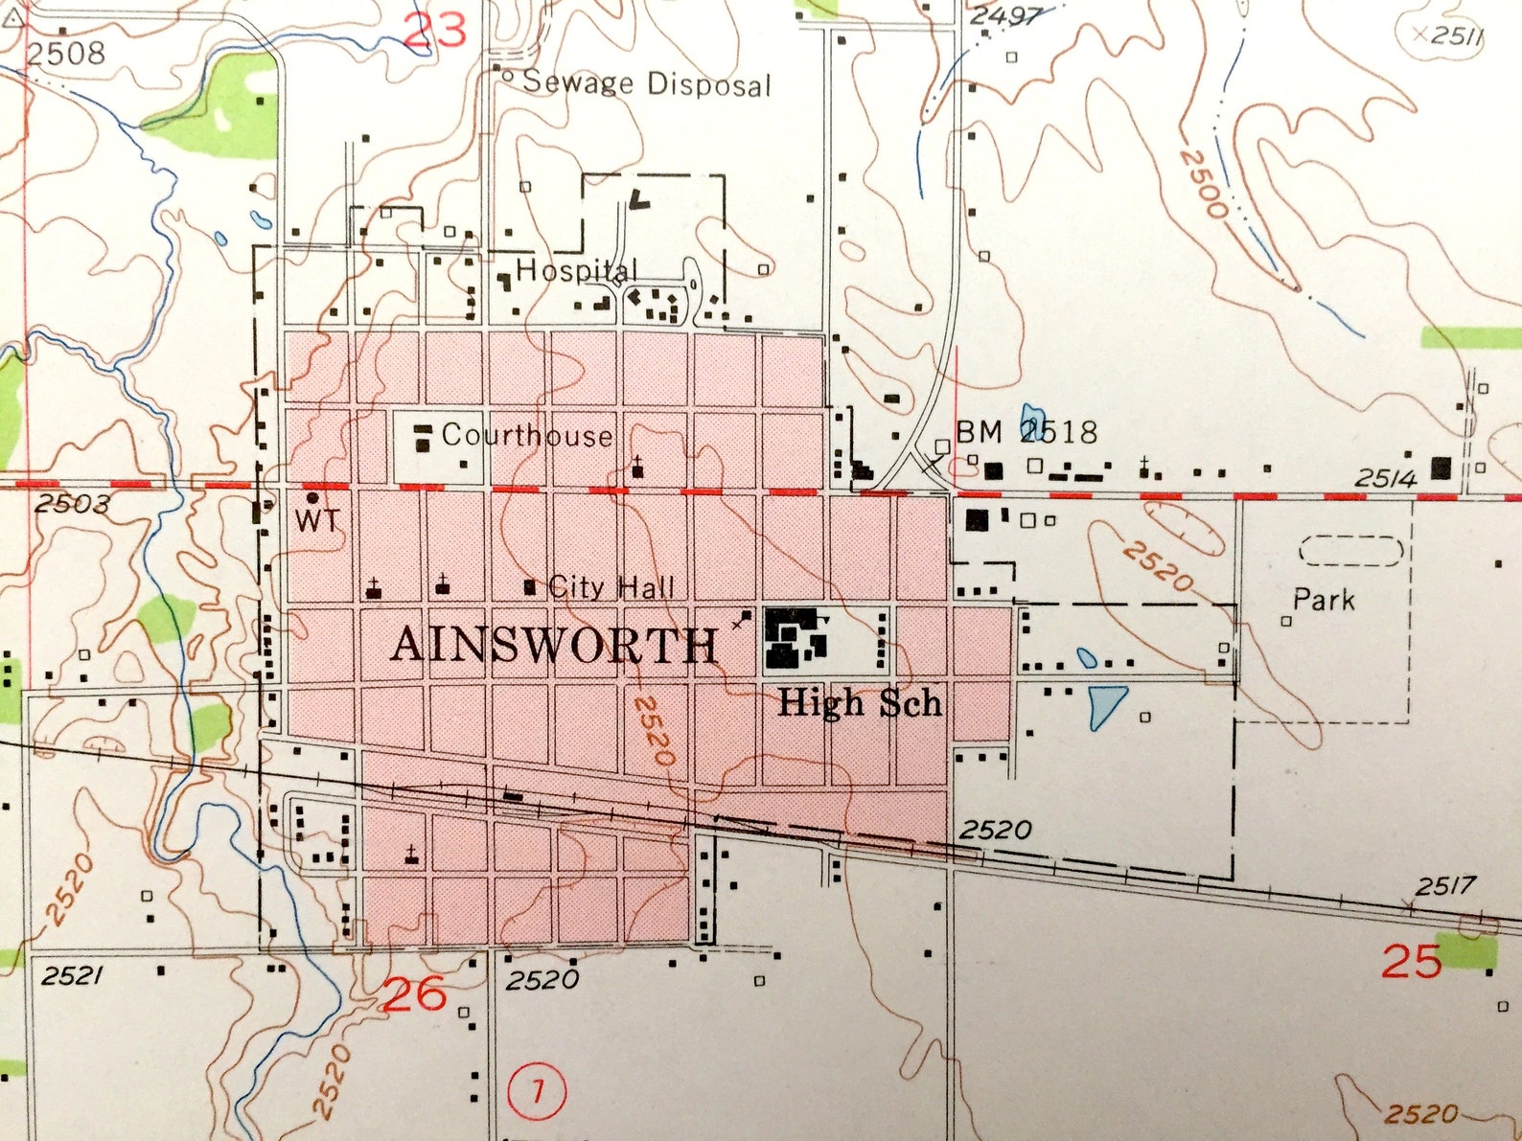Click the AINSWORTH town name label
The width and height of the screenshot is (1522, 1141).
554,645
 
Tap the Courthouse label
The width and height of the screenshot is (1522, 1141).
526,436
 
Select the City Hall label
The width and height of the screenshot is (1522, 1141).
611,586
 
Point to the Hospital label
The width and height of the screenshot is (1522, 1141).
576,271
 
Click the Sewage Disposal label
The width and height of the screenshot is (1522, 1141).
646,83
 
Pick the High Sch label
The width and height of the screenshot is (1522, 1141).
860,704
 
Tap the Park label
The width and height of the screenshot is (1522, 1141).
1324,600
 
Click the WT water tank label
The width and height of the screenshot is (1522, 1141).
316,520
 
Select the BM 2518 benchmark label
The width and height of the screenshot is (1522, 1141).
1026,432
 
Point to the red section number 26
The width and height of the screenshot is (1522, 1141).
414,994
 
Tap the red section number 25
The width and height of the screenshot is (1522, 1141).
1411,961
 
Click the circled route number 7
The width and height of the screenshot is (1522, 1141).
537,1090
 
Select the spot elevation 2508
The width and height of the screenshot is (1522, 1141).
65,53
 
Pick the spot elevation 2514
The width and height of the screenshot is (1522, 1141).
1385,478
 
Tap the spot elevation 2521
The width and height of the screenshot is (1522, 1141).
72,975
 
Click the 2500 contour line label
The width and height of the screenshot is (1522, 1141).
1203,184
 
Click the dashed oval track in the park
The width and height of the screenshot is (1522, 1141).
1351,551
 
